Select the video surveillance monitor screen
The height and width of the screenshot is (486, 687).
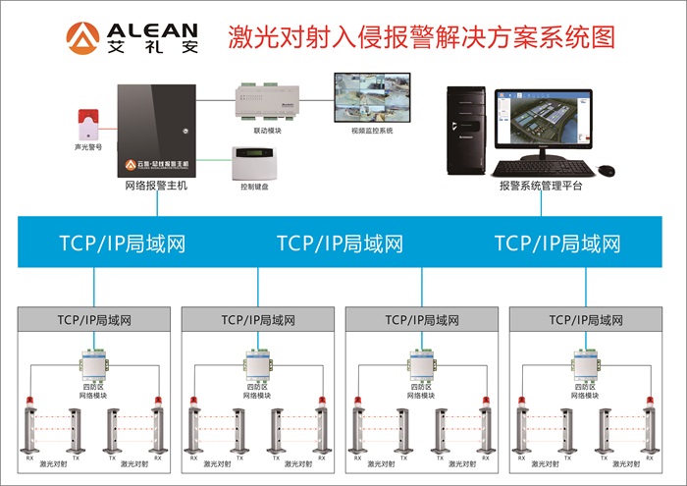(371, 96)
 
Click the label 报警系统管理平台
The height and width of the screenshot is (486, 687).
(533, 185)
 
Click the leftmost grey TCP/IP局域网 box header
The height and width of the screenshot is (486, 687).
(94, 319)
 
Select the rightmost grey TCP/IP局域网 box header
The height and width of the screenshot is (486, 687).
(585, 319)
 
